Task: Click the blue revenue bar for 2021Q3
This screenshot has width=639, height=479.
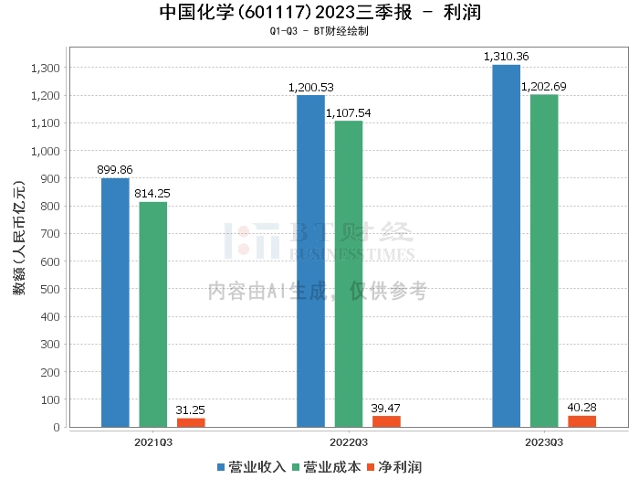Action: (x=115, y=303)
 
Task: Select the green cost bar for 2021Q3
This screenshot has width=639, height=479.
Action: (x=153, y=314)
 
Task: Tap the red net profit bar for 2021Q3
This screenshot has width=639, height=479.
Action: (x=191, y=422)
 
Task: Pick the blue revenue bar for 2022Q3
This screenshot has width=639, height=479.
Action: (x=310, y=261)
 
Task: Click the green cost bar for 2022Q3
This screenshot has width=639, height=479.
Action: (x=349, y=273)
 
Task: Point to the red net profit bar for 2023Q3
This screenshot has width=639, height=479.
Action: (x=581, y=421)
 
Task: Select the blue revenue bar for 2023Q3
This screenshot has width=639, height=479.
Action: (x=506, y=246)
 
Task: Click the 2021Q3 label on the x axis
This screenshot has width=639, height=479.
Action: (x=153, y=442)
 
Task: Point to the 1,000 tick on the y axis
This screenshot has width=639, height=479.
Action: (x=45, y=151)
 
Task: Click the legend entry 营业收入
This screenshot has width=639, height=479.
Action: (x=252, y=466)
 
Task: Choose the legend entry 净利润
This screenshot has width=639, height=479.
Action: (x=398, y=466)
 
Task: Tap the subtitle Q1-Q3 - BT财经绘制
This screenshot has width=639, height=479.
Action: (x=319, y=31)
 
